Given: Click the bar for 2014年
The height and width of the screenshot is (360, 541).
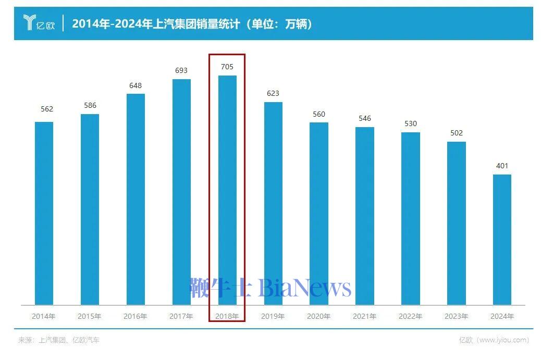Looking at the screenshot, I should point(44,213).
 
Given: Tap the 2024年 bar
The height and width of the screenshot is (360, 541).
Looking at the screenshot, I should point(502,239).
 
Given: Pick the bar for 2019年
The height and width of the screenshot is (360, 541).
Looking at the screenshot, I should point(273,203).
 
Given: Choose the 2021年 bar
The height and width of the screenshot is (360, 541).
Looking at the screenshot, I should point(365,216).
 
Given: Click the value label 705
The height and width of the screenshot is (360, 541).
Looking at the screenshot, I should point(227,67).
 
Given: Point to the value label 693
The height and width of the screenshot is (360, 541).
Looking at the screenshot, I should point(181,70).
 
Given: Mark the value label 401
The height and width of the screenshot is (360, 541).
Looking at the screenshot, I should point(502,166).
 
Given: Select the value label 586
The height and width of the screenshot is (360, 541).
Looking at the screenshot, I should point(90,105).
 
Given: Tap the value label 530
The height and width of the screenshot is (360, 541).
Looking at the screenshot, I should point(411,123).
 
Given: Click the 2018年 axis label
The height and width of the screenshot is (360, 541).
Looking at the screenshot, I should point(227,316).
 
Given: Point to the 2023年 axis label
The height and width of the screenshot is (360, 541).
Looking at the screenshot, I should point(456,316).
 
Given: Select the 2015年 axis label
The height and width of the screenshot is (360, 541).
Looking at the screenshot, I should point(90,316).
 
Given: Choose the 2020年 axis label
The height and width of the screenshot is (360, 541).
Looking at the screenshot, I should point(319,316).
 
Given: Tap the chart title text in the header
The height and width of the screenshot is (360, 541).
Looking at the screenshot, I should point(192,23).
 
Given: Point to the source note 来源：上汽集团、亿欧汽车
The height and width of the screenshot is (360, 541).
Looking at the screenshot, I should point(59,340).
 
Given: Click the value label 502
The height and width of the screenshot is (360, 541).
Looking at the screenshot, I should point(456,133).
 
